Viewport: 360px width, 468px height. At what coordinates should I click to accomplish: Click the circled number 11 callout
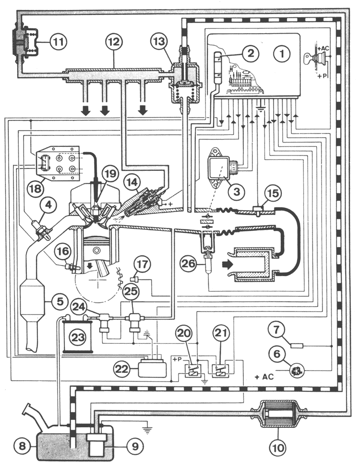pos(59,41)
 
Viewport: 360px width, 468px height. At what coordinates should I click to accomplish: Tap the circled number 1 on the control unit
pos(281,54)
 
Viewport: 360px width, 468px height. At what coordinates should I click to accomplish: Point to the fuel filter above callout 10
pos(279,413)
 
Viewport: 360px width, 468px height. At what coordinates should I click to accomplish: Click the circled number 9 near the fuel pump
pos(135,446)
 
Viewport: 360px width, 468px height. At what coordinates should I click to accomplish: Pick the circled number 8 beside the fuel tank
pos(23,446)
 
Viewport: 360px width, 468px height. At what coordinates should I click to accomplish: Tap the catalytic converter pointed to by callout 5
pos(32,302)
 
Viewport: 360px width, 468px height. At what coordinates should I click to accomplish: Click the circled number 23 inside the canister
pos(78,337)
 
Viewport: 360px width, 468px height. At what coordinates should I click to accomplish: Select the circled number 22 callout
pos(122,369)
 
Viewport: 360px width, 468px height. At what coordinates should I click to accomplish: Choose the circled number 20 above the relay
pos(183,333)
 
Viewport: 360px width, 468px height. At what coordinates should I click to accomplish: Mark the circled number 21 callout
pos(221,333)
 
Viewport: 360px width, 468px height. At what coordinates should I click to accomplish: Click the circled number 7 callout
pos(276,330)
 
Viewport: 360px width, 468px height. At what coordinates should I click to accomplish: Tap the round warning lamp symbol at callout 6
pos(297,371)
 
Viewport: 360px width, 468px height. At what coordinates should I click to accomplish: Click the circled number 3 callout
pos(237,191)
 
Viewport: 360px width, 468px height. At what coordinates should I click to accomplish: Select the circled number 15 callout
pos(273,193)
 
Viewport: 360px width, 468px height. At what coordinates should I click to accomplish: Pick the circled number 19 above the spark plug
pos(110,173)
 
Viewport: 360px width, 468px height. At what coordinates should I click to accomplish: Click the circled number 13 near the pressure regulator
pos(159,41)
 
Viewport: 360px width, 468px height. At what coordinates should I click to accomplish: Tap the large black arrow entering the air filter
pos(227,264)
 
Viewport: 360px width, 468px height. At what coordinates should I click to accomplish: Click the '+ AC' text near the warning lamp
pos(264,377)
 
